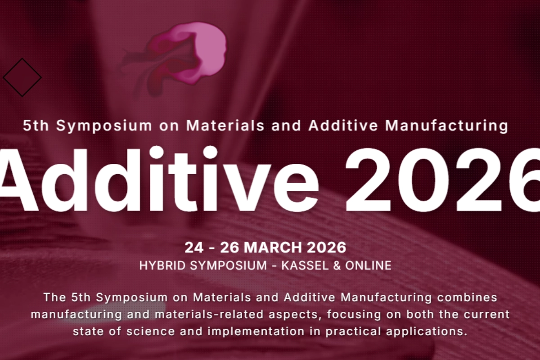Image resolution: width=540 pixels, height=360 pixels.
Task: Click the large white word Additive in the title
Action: [x=159, y=180]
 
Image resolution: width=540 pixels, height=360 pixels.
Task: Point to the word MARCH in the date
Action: [x=273, y=247]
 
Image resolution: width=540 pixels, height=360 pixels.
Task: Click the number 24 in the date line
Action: [x=193, y=247]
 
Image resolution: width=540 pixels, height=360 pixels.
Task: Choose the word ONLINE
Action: [x=368, y=265]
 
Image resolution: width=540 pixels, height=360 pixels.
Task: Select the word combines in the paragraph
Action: [x=467, y=297]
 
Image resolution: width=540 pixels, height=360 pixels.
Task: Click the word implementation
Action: [x=256, y=332]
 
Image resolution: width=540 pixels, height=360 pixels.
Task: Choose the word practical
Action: [x=353, y=332]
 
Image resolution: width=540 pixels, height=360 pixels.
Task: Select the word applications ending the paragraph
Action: [x=427, y=332]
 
